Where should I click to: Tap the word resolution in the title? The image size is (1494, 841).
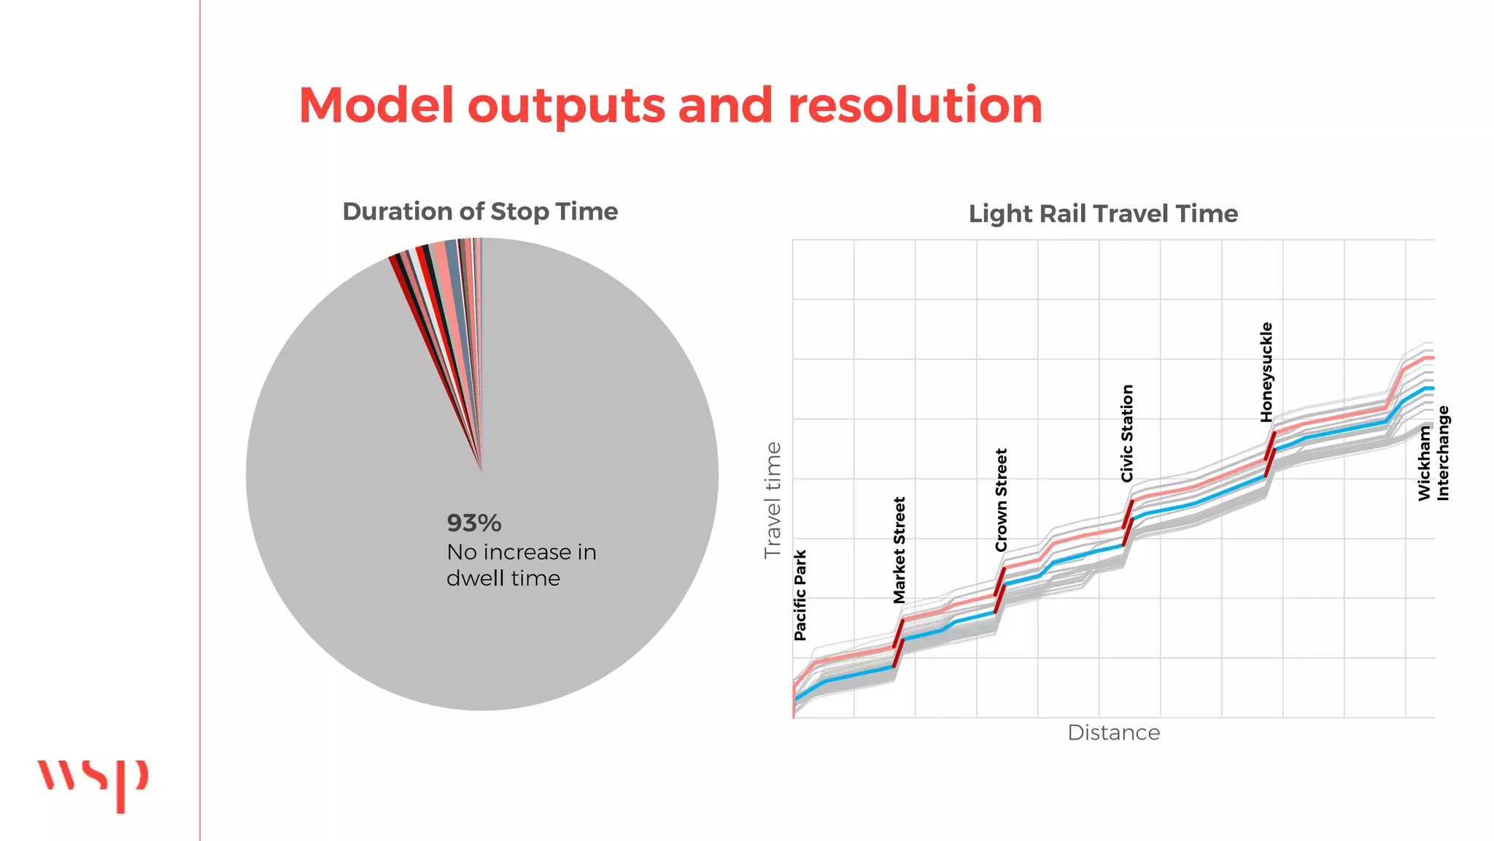coord(915,105)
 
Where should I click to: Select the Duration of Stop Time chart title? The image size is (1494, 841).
coord(480,212)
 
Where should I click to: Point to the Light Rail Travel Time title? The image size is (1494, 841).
coord(1103,214)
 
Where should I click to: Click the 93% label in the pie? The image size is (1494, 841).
coord(474,523)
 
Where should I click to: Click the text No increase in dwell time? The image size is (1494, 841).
coord(521,565)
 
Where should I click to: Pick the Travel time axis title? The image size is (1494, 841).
coord(773,500)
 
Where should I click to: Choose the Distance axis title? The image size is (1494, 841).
coord(1113,733)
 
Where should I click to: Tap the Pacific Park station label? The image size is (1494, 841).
coord(800,595)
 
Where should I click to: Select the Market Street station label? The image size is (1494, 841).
coord(899,550)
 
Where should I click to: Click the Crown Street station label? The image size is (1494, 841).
coord(1001,500)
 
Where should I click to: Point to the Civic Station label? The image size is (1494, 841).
coord(1127,433)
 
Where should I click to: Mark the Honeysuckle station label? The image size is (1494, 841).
coord(1266,372)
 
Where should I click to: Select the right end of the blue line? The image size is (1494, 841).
coord(1431,388)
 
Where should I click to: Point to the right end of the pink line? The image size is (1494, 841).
coord(1431,358)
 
